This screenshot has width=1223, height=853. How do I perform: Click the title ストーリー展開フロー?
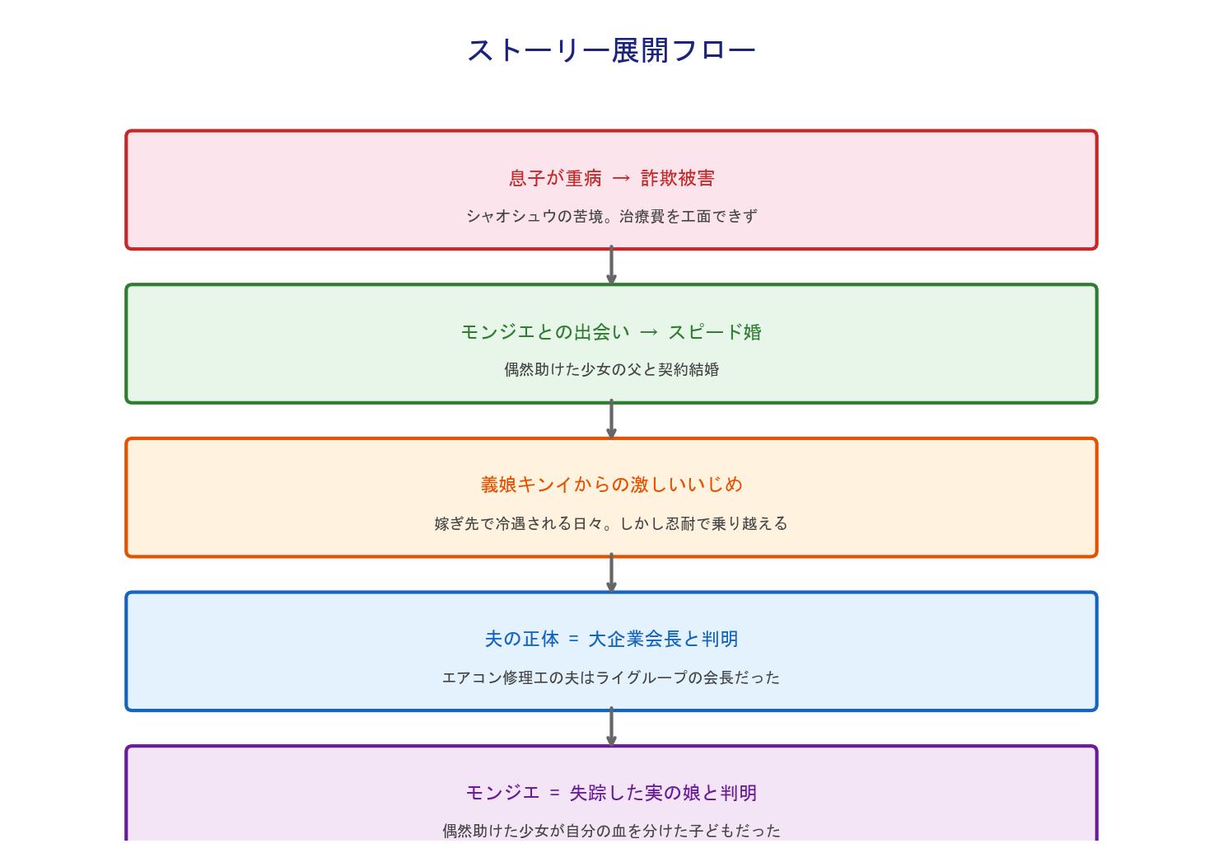(x=611, y=50)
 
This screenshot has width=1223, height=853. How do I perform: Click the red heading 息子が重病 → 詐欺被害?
(x=611, y=178)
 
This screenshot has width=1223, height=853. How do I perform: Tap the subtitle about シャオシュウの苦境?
(x=611, y=216)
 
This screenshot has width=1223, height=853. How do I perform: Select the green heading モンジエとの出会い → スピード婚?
(x=611, y=332)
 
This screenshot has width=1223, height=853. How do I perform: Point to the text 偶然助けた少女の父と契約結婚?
(x=611, y=369)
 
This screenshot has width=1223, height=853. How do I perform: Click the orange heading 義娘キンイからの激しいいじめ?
(x=611, y=485)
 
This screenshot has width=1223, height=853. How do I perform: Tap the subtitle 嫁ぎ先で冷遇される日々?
(x=611, y=523)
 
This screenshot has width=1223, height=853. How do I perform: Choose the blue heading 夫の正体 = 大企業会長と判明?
(x=611, y=639)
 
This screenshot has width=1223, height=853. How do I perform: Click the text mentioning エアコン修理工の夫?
(x=611, y=677)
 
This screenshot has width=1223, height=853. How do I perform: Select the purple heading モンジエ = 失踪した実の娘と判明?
(x=611, y=793)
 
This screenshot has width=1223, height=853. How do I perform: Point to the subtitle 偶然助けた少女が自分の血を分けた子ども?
(x=611, y=831)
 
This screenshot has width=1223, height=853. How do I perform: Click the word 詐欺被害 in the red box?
(x=677, y=178)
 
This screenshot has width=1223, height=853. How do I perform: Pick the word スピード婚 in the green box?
(x=714, y=332)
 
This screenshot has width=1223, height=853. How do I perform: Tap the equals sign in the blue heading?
(x=573, y=639)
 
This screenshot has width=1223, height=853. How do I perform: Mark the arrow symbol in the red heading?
(x=621, y=178)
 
